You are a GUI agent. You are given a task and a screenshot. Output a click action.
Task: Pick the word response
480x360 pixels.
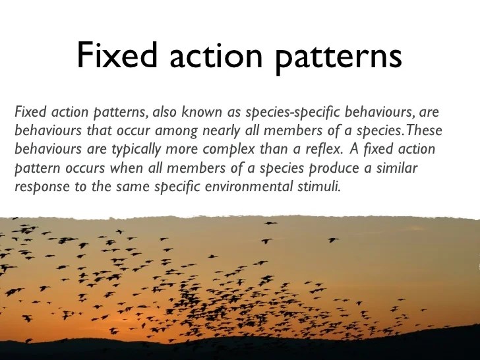tap(39, 187)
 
